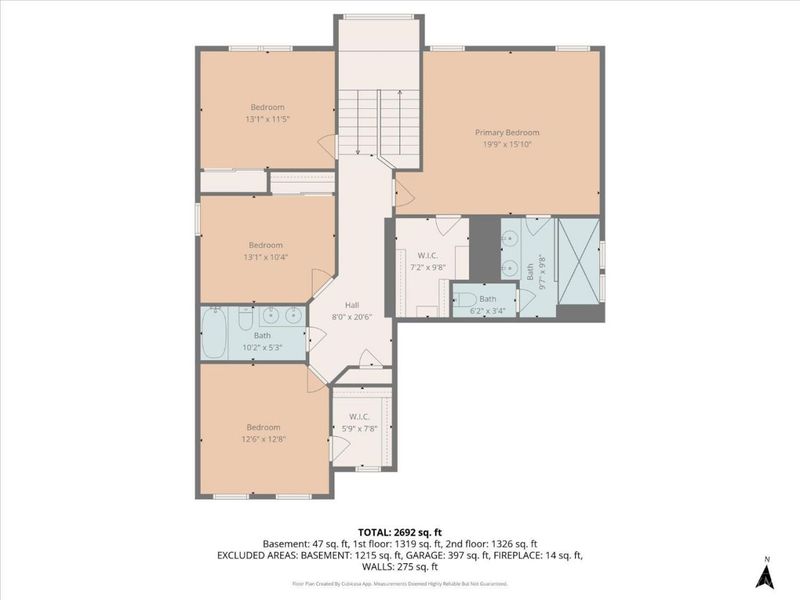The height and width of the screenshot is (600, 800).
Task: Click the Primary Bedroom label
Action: point(507,132)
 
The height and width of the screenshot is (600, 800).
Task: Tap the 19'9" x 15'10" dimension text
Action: point(507,144)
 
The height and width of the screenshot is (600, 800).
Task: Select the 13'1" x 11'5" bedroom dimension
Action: point(267,119)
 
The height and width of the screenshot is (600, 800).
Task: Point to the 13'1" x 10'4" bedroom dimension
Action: point(266,257)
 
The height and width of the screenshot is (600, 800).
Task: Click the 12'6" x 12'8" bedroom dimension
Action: point(264,439)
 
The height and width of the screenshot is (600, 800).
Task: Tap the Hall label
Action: point(351,305)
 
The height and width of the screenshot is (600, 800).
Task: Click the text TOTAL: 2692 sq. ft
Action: point(399,532)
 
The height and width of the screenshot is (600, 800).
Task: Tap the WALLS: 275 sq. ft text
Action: point(399,565)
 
